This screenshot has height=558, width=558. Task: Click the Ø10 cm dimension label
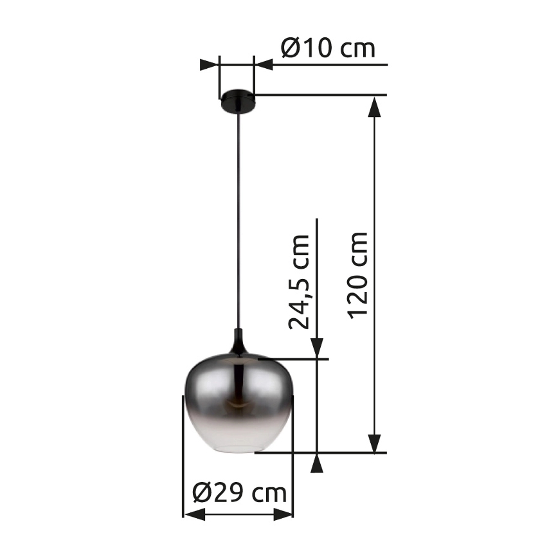click(328, 48)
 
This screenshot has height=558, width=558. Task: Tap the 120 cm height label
click(357, 273)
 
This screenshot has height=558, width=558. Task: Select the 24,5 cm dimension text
click(299, 282)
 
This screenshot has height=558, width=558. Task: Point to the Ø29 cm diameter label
click(239, 494)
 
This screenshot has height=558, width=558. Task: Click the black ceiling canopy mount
click(237, 102)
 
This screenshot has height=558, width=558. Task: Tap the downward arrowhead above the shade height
click(318, 347)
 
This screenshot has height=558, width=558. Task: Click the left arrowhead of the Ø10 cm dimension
click(210, 65)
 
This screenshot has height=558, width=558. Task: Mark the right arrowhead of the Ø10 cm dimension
click(264, 65)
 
